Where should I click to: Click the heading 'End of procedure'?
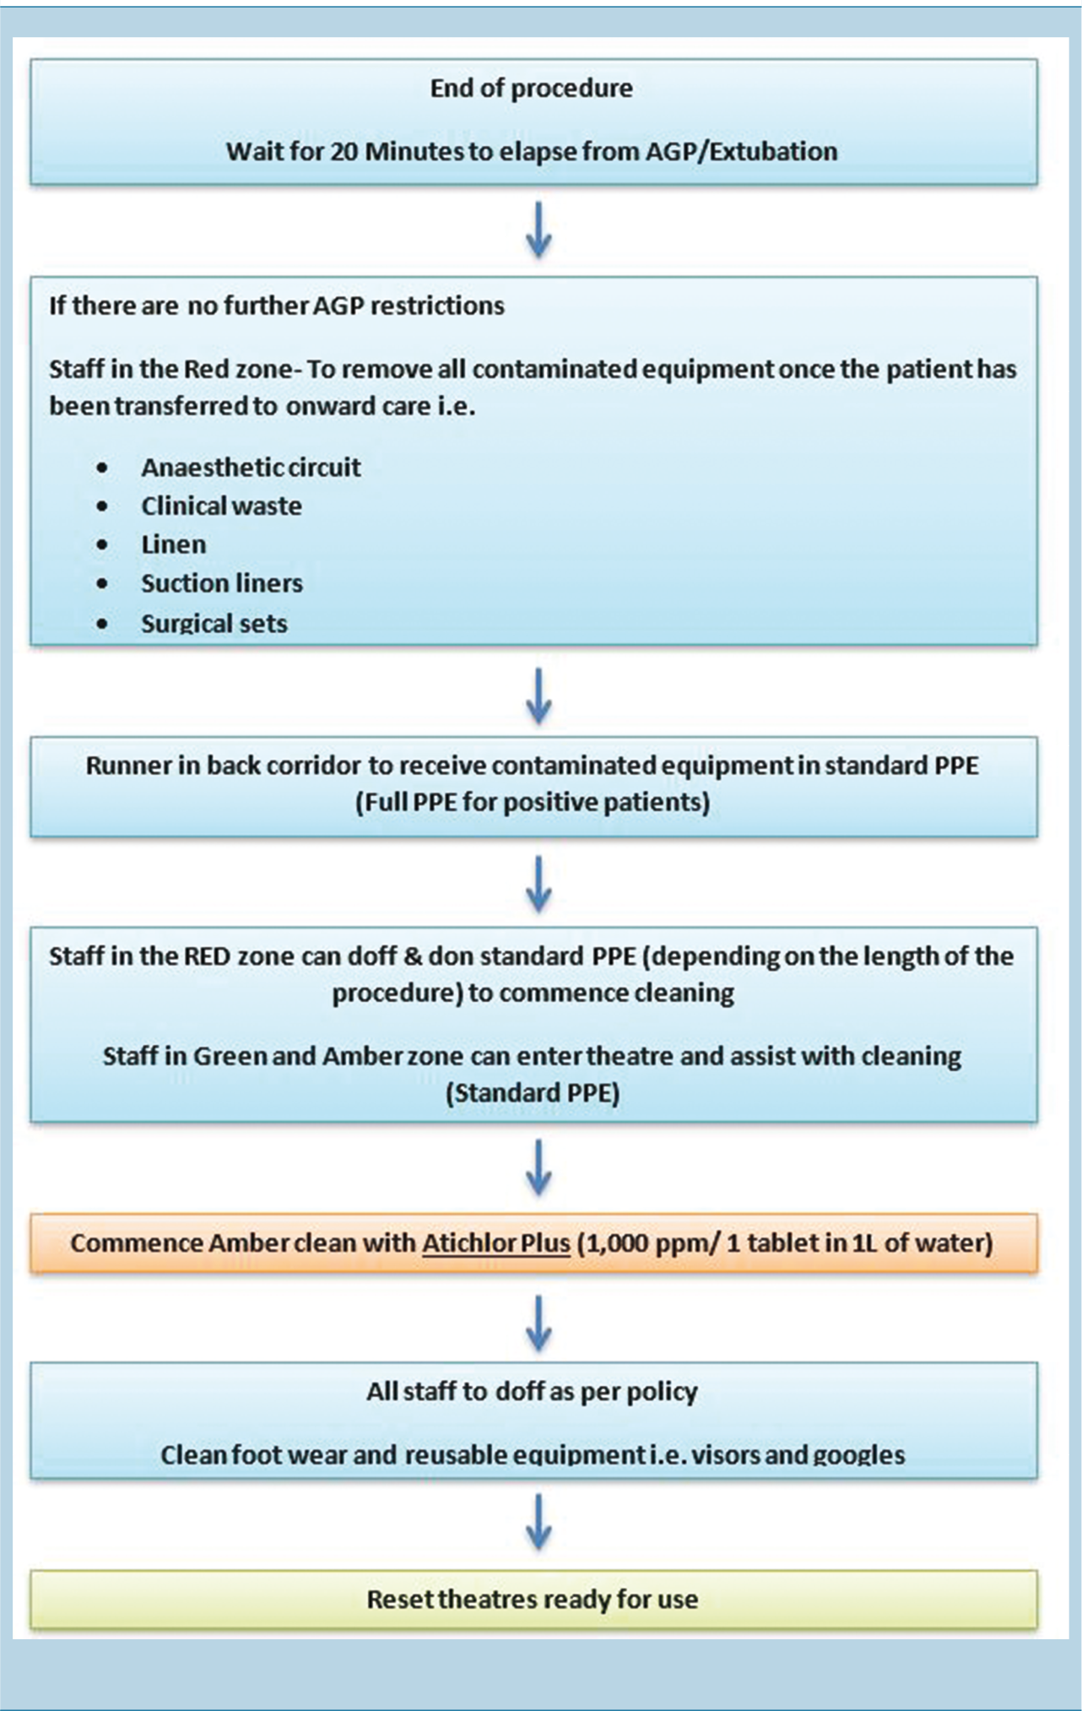coord(531,89)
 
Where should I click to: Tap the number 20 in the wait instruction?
coord(344,152)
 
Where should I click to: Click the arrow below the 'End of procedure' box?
coord(538,230)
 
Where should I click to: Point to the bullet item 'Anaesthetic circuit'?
coord(251,468)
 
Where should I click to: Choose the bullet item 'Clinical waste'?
coord(221,506)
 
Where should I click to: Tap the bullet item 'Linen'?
coord(173,544)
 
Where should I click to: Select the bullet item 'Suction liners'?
coord(221,583)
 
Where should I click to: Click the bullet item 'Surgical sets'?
coord(214,623)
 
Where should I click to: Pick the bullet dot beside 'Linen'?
coord(102,545)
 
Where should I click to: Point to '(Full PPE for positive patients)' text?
coord(533,802)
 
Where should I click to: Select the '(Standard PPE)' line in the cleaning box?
coord(533,1093)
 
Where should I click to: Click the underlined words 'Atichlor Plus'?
coord(496,1243)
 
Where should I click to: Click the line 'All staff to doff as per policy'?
coord(532,1392)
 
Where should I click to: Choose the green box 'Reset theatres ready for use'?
coord(533,1600)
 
